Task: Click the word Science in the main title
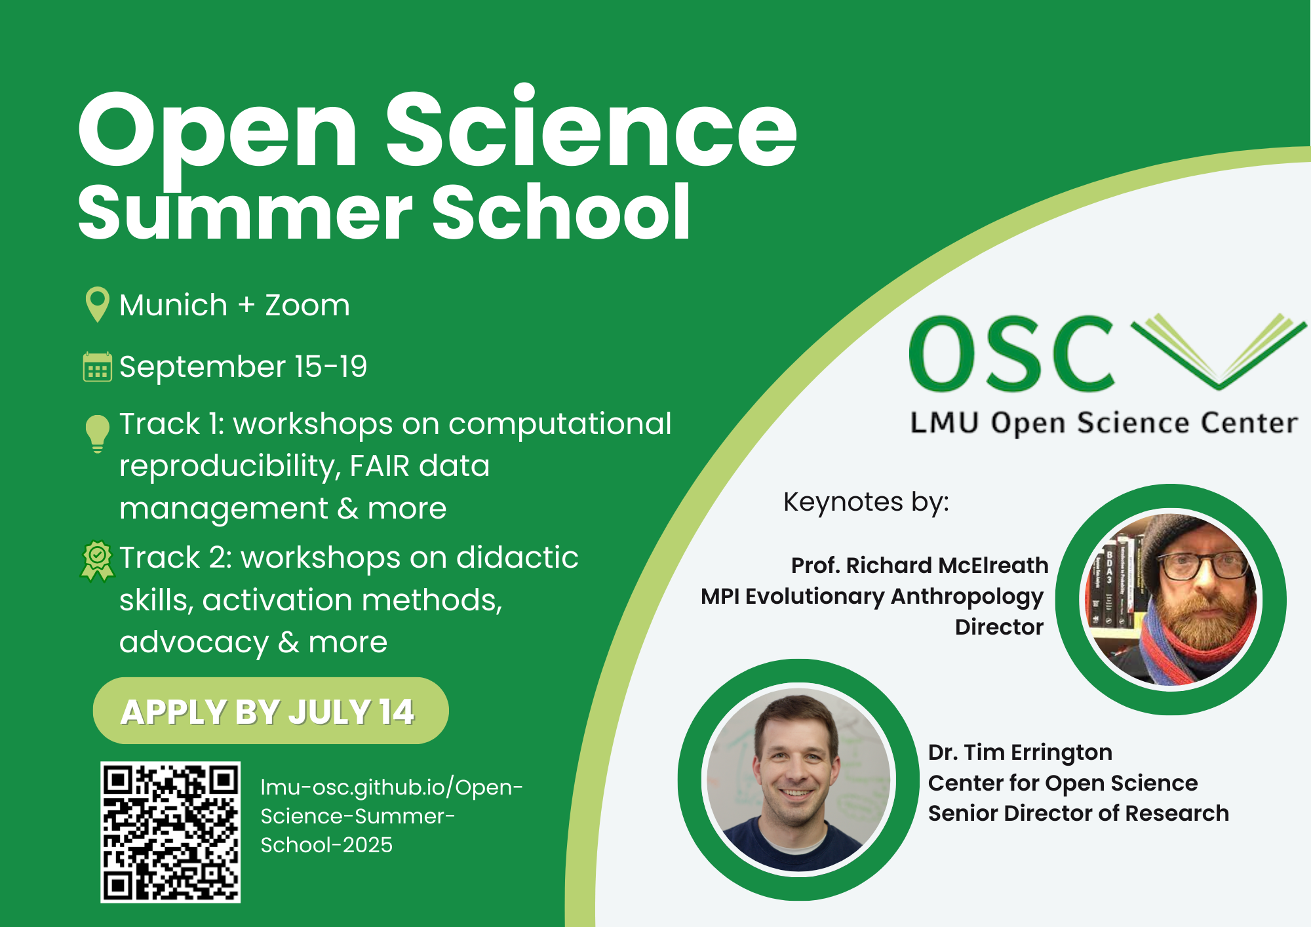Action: point(591,128)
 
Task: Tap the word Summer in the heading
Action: point(246,212)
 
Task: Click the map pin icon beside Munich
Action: point(97,304)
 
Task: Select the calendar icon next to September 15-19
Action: point(97,366)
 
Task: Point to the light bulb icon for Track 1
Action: point(97,433)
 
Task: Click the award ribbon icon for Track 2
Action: point(97,561)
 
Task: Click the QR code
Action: point(170,832)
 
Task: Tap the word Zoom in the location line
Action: point(307,305)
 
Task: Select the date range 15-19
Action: point(331,366)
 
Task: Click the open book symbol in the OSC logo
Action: point(1218,351)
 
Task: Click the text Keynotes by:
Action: point(866,502)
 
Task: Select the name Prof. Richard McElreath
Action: point(920,565)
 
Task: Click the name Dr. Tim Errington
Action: point(1020,752)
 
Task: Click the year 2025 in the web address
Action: point(368,844)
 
